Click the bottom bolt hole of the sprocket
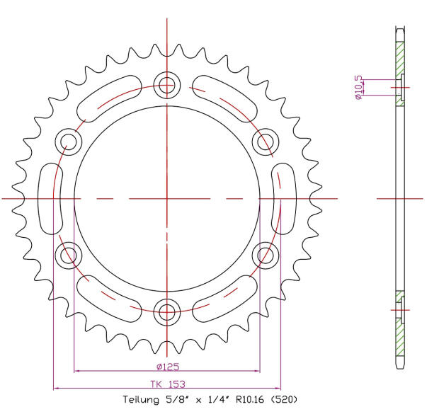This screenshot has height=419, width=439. pos(167,310)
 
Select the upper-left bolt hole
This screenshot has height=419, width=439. pos(69,142)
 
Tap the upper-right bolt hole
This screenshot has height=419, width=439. pos(266,142)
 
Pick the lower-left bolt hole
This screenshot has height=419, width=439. pos(69,254)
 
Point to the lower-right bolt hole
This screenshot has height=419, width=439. pos(266,254)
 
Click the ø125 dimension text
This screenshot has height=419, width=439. pos(167,367)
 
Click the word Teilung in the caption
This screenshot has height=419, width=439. pos(140,400)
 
